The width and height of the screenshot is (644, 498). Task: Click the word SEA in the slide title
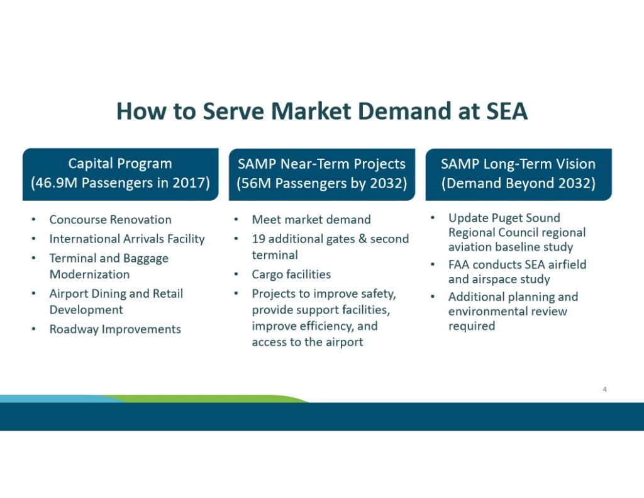coord(507,111)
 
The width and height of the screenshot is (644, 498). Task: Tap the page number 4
coord(604,389)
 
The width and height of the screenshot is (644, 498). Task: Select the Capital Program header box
coord(120,174)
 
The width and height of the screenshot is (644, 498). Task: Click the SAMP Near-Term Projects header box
coord(322,174)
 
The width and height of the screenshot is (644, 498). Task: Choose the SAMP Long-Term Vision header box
coord(518,174)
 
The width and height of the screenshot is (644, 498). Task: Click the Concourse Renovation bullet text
coord(111,220)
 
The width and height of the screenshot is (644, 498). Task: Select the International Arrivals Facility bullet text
coord(127,239)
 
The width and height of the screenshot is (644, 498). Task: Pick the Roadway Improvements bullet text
coord(115,329)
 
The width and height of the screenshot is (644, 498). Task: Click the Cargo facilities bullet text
coord(291,274)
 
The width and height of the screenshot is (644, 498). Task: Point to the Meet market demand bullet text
coord(311,220)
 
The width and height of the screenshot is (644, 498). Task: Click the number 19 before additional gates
coord(258,239)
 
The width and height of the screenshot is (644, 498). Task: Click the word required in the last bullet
coord(472,326)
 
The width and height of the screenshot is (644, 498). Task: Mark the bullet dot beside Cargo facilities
coord(236,274)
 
